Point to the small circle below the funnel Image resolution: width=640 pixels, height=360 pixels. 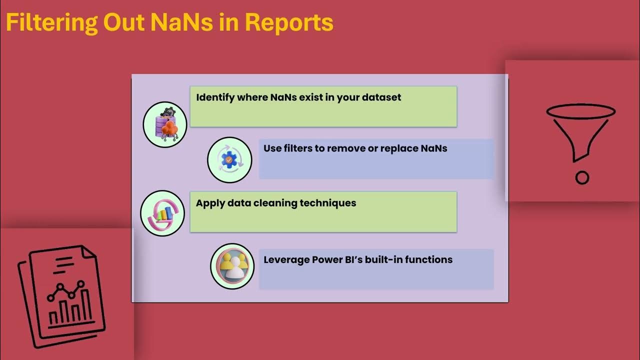582,177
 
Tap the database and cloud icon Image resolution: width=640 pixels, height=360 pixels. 165,124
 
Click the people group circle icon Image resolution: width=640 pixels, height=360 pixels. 232,266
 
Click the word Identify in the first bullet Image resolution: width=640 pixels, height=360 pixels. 214,97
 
